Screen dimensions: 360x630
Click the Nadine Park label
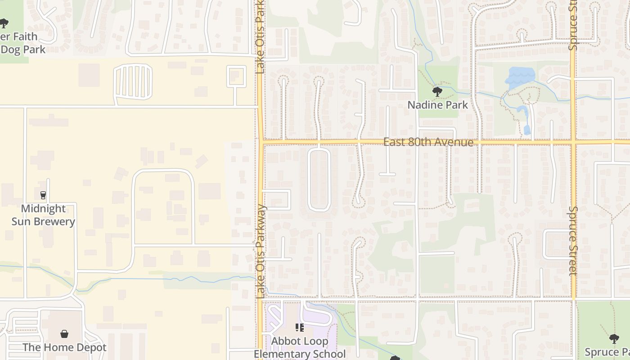(437, 105)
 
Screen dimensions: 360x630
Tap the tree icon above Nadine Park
(437, 92)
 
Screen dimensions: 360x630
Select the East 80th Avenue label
(428, 142)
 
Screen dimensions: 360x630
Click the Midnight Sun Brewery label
(43, 215)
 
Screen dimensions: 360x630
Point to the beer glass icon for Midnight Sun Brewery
(43, 195)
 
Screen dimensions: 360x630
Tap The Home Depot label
(64, 347)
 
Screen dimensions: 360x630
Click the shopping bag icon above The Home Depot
(64, 334)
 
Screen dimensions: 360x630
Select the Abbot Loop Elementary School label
(300, 347)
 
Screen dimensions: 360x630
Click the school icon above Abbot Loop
(300, 328)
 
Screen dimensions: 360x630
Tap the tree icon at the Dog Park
(4, 23)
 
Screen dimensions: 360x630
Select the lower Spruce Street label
(573, 241)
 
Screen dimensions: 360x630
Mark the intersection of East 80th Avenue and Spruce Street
(573, 142)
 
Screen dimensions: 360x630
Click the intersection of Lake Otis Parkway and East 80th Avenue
(261, 142)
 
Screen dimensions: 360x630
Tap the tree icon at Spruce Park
(614, 338)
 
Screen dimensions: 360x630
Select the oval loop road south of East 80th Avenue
(319, 180)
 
